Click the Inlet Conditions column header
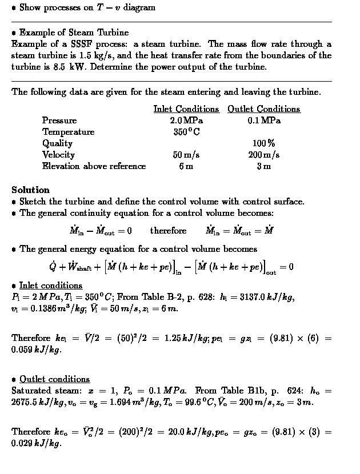(x=186, y=109)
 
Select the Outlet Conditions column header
(x=263, y=109)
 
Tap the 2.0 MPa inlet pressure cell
(x=186, y=120)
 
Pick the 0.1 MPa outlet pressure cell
(x=263, y=120)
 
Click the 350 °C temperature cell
(x=186, y=132)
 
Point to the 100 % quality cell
(x=263, y=143)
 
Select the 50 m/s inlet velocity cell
(x=186, y=155)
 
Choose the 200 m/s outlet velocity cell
(x=263, y=155)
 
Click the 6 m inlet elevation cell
(x=186, y=166)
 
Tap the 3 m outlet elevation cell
(x=263, y=166)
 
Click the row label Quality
(x=57, y=143)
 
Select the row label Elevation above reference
(x=94, y=166)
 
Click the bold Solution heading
(x=30, y=190)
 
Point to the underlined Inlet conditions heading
(x=51, y=285)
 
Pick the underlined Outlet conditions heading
(x=55, y=379)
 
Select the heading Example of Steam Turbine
(x=74, y=33)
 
